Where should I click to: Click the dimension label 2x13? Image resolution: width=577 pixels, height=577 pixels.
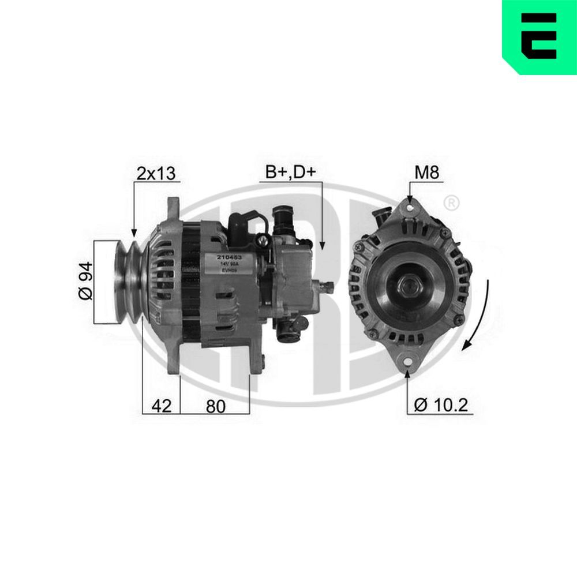tap(155, 173)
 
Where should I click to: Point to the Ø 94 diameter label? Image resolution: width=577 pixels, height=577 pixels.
tap(85, 280)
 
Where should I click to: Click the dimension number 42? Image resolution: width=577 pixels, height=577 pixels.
tap(162, 406)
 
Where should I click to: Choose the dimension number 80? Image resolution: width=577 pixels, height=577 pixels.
tap(215, 406)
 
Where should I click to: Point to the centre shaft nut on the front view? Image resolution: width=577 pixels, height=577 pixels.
tap(409, 284)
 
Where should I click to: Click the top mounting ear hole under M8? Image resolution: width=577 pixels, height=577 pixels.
tap(410, 206)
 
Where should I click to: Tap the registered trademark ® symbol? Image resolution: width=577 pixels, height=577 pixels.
tap(452, 203)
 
